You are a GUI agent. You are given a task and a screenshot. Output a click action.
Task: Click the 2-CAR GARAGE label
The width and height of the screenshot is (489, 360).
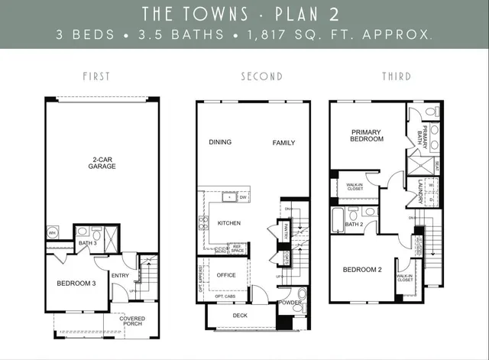coord(101,164)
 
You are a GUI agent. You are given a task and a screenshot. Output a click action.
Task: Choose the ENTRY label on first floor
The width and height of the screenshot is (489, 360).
coord(120,275)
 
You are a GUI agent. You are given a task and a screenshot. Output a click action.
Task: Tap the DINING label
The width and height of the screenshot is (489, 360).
coord(220,142)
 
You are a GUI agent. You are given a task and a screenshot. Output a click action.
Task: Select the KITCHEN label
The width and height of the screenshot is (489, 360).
coord(230,223)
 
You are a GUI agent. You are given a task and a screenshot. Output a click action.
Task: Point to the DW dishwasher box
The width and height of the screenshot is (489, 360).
coord(243,197)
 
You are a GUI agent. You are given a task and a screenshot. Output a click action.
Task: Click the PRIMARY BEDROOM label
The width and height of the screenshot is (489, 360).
coord(366,135)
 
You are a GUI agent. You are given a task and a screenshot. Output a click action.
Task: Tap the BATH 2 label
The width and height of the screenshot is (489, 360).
coord(353,225)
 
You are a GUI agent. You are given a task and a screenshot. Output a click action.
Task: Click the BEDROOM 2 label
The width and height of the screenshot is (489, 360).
coord(361,270)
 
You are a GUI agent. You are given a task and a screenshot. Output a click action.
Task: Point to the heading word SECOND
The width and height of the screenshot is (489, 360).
coord(261,76)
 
